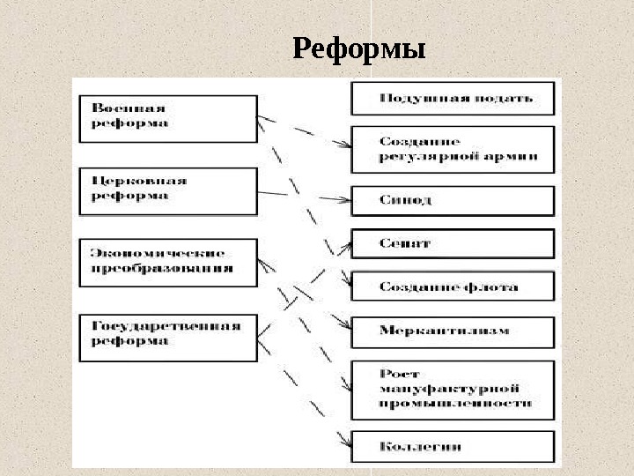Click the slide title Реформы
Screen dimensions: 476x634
(x=359, y=49)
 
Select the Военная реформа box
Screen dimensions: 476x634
(x=167, y=116)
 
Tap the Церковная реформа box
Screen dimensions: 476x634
(x=167, y=190)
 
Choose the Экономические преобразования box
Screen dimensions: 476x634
(x=167, y=261)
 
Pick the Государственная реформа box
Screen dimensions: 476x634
(x=167, y=336)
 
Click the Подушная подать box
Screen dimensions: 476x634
(x=453, y=98)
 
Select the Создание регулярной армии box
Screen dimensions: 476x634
(x=453, y=149)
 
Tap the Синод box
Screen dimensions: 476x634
(x=453, y=200)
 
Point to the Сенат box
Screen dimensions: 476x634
(x=453, y=243)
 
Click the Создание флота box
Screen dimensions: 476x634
(x=453, y=286)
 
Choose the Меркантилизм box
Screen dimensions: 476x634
(x=453, y=331)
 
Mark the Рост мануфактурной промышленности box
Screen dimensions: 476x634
(x=453, y=389)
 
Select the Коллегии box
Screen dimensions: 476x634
(x=453, y=447)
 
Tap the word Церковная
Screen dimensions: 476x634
(x=139, y=181)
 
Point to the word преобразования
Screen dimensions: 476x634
(x=163, y=269)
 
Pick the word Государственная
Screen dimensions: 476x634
(x=166, y=326)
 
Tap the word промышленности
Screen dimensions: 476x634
(x=455, y=403)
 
